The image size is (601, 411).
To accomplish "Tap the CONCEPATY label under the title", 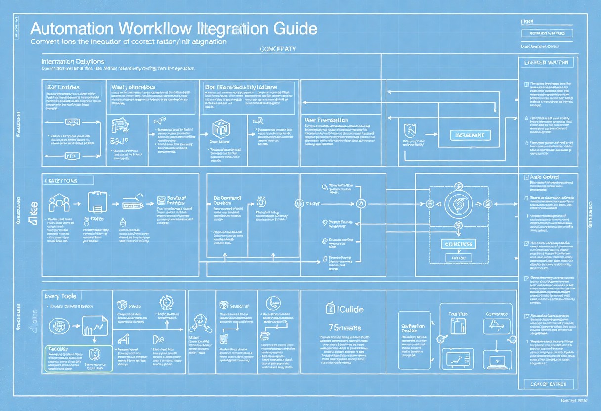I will pos(277,49).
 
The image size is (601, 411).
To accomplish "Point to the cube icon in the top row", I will pos(218,129).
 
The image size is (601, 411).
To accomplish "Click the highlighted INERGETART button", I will pos(471,134).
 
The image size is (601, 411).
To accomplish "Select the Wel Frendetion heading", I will pos(326,120).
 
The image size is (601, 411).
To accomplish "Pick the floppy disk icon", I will pos(97,202).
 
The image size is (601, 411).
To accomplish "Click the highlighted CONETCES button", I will pos(458,244).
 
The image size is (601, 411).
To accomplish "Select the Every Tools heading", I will pos(60,296).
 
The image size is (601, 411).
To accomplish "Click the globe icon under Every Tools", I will pos(58,326).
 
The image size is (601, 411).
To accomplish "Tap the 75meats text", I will pos(344,328).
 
